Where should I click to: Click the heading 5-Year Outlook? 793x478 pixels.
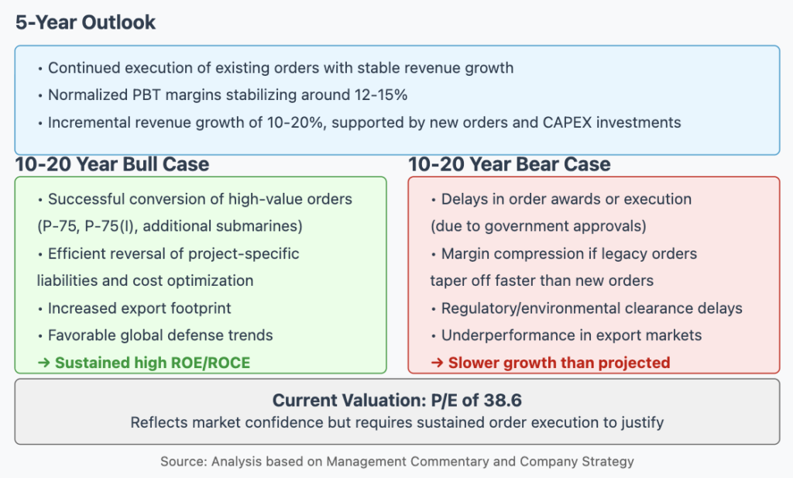[x=85, y=22]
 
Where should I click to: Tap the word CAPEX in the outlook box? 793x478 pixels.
[x=567, y=122]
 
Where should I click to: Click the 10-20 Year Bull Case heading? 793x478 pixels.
[x=112, y=164]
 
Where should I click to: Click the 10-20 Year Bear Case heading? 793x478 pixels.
[x=510, y=164]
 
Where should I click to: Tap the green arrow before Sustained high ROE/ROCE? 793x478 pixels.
[x=44, y=363]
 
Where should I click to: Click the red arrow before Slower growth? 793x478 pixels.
[x=438, y=363]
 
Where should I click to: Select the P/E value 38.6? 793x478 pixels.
[x=503, y=400]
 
